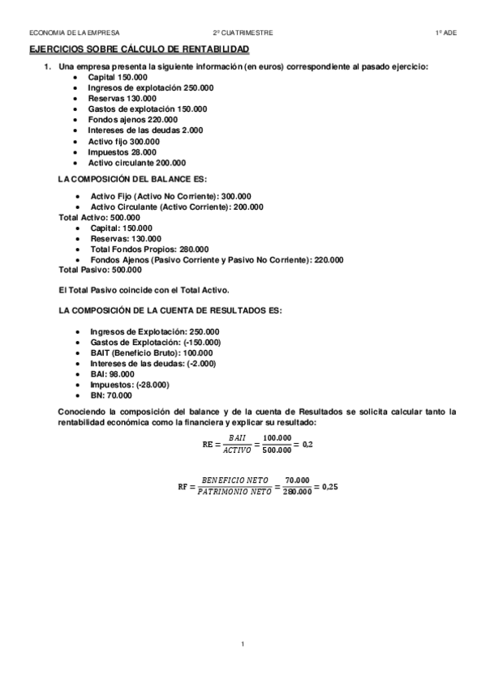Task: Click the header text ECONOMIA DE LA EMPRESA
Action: point(74,32)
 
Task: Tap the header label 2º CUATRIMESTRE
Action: point(243,32)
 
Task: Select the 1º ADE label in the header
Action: point(445,32)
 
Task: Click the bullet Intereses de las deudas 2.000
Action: point(145,130)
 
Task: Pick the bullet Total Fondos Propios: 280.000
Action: point(149,249)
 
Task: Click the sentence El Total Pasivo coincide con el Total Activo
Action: point(144,290)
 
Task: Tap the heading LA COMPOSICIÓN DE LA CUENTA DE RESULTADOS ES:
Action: point(170,311)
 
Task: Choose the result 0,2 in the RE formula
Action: point(307,445)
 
